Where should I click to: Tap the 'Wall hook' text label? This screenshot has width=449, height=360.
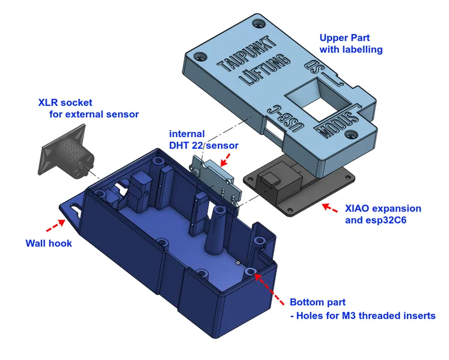(x=49, y=243)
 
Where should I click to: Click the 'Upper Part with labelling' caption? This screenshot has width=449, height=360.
(x=351, y=44)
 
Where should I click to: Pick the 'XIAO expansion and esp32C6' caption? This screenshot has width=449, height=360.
(x=383, y=214)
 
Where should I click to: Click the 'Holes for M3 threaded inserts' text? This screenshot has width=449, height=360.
(x=368, y=315)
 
